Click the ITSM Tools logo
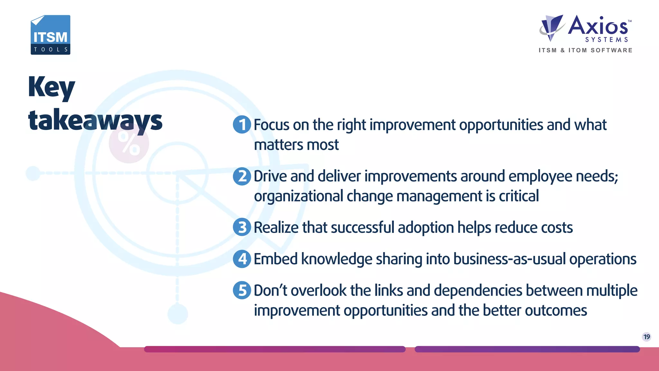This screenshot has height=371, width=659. click(x=51, y=35)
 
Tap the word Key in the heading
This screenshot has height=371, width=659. click(x=51, y=87)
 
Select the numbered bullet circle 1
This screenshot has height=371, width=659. click(x=242, y=124)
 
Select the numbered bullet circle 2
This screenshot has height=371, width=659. click(x=242, y=176)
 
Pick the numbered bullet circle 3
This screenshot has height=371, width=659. click(x=242, y=227)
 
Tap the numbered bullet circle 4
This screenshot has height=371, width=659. click(x=242, y=259)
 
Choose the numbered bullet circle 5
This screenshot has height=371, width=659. click(x=242, y=290)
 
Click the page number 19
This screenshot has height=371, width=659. click(x=646, y=337)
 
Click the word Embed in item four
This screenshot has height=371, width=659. click(x=275, y=259)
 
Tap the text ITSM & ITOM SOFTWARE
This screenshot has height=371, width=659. click(x=586, y=50)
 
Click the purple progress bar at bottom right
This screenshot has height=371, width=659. click(x=527, y=349)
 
